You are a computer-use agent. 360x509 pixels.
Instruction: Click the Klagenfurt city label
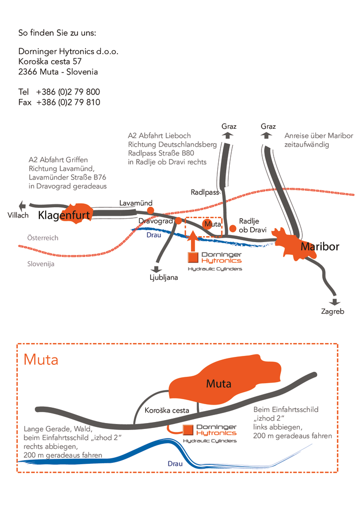coord(64,215)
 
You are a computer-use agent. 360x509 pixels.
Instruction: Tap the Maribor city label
coord(320,247)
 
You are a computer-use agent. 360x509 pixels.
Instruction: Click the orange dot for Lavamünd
coord(150,210)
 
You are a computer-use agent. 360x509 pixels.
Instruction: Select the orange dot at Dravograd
coord(178,221)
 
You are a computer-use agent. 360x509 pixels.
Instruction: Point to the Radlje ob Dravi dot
coord(232,229)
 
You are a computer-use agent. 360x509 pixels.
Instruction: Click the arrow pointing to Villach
coord(22,205)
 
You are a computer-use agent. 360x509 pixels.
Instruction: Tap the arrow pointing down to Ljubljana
coord(157,269)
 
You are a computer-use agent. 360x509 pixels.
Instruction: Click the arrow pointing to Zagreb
coord(334,302)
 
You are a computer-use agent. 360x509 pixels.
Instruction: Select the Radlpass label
coord(205,192)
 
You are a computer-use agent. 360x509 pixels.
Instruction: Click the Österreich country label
coord(43,238)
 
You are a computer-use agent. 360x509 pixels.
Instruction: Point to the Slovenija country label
coord(41,264)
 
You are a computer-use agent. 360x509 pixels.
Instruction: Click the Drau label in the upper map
coord(154,235)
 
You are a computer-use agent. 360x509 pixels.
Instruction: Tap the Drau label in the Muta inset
coord(175,464)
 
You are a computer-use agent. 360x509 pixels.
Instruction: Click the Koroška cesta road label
coord(167,410)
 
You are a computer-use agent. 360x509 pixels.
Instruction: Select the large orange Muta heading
coord(41,360)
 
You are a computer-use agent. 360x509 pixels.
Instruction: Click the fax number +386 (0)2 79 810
coord(68,102)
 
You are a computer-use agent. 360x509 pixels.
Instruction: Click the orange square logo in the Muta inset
coord(188,429)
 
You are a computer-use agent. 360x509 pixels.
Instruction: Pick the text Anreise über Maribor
coord(319,136)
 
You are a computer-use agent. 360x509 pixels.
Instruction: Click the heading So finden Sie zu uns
coord(57,33)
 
